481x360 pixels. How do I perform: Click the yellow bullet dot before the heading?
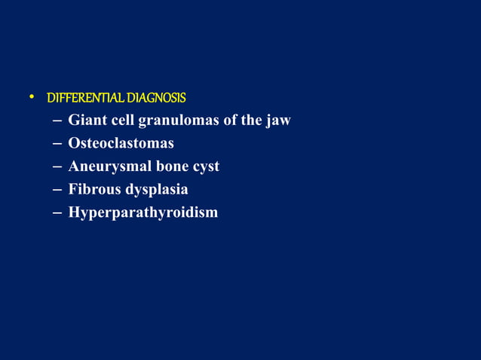tap(32, 97)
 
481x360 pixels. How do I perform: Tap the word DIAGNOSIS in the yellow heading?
tap(156, 98)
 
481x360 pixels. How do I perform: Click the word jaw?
tap(278, 121)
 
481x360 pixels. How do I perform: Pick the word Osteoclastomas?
tap(121, 143)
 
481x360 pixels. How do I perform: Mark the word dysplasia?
tap(157, 190)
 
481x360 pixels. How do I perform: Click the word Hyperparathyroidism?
tap(143, 212)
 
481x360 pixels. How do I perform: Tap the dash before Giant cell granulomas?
tap(58, 121)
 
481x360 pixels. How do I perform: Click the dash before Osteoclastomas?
tap(58, 144)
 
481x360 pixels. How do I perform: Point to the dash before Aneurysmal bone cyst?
tap(58, 167)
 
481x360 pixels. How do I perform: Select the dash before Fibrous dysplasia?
tap(58, 190)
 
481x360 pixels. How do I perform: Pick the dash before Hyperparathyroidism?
tap(58, 213)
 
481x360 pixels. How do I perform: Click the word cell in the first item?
tap(123, 121)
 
